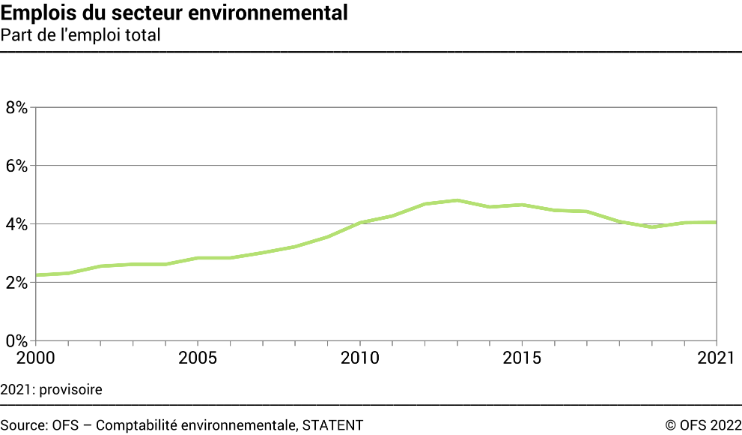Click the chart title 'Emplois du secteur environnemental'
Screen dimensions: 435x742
tap(174, 13)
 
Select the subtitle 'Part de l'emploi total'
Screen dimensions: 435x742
tap(81, 34)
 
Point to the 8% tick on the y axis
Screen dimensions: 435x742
tap(16, 107)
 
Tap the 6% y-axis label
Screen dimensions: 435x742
tap(16, 166)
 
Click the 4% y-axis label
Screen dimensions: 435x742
tap(16, 224)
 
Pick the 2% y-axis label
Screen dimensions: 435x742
tap(16, 283)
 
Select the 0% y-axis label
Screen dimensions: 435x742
tap(16, 340)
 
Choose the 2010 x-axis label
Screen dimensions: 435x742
tap(359, 357)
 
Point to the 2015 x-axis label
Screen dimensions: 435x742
tap(522, 357)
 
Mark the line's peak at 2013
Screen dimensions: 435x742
tap(457, 200)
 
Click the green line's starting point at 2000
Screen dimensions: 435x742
tap(36, 275)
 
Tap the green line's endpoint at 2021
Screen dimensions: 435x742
tap(717, 222)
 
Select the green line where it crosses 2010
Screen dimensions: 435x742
tap(359, 223)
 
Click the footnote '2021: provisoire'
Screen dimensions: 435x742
tap(51, 390)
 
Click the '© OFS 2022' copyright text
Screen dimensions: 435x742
tap(703, 425)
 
